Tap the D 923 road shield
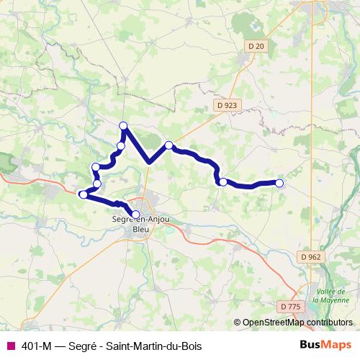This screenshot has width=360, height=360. click(226, 105)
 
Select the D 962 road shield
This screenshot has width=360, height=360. click(312, 256)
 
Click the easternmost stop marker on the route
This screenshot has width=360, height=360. click(279, 183)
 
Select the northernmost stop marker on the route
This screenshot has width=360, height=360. click(123, 126)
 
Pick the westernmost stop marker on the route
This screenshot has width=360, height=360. click(83, 194)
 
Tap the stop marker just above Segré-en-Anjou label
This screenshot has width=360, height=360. click(135, 214)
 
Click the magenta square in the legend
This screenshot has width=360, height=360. click(10, 346)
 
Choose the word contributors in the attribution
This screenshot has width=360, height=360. click(328, 323)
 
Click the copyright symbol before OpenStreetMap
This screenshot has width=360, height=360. click(238, 323)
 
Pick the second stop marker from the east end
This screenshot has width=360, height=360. click(223, 182)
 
